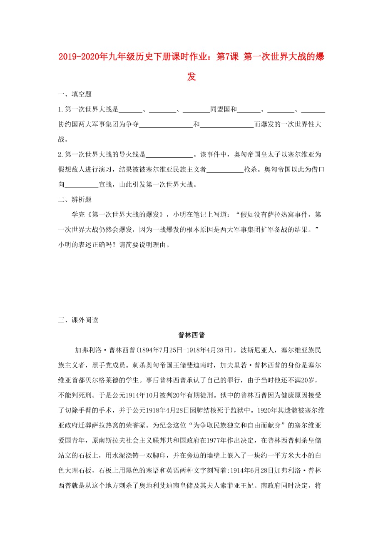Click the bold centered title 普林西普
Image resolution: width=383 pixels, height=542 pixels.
(191, 335)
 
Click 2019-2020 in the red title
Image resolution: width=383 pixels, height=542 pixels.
(77, 57)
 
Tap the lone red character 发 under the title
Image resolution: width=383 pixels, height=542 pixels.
(191, 77)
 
